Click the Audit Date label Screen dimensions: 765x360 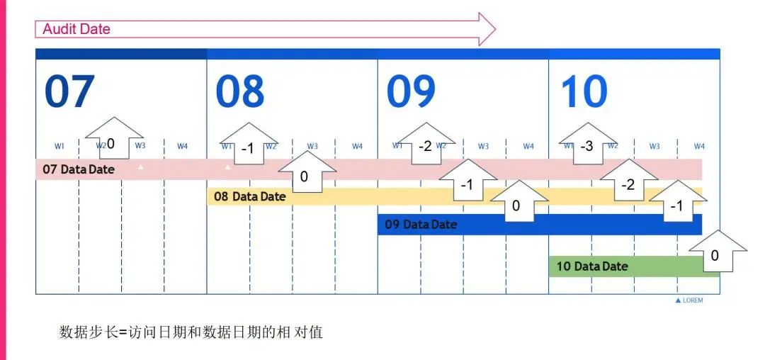pos(76,29)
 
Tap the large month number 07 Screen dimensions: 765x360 pos(69,91)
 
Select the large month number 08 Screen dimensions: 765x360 pos(240,91)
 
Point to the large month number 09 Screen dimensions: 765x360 pos(412,91)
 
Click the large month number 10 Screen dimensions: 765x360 pos(584,91)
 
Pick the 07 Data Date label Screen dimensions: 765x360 pos(79,169)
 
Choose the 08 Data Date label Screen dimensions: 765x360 pos(249,196)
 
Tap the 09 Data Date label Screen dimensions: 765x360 pos(421,225)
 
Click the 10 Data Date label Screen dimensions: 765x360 pos(592,266)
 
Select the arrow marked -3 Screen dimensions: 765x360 pos(587,144)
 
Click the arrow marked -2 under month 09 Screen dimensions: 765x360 pos(425,144)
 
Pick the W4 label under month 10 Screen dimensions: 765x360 pos(699,147)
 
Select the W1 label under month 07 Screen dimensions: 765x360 pos(59,147)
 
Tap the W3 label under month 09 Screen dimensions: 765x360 pos(483,147)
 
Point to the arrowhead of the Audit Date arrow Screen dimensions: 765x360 pos(487,29)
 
